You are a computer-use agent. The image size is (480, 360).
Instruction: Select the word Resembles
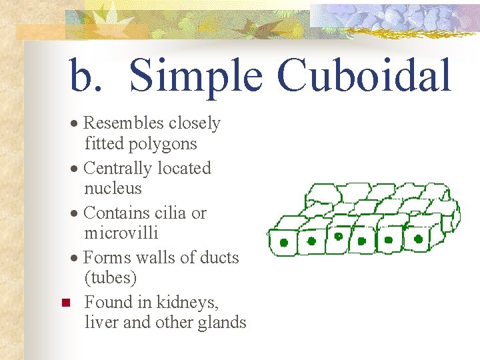(x=123, y=123)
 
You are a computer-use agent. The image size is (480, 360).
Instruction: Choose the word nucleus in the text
(x=113, y=189)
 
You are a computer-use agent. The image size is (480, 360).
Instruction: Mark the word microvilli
(x=121, y=233)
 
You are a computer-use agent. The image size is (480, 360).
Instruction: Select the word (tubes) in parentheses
(x=110, y=277)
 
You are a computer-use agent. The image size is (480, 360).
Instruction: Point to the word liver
(x=99, y=323)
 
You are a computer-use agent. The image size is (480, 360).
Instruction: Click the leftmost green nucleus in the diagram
(x=284, y=243)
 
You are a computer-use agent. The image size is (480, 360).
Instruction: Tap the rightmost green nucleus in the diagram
(x=419, y=238)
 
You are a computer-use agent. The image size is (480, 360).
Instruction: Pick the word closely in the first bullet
(x=194, y=123)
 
